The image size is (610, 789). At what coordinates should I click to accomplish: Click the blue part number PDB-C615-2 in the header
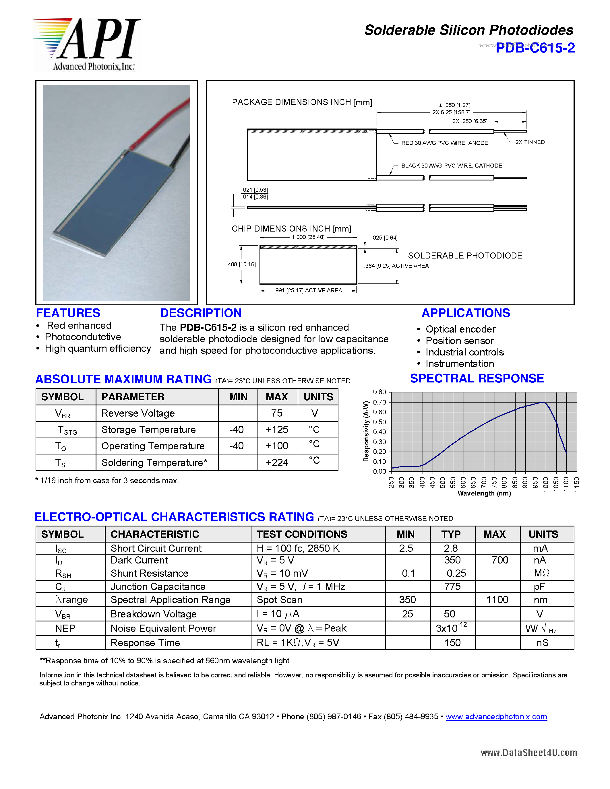[535, 48]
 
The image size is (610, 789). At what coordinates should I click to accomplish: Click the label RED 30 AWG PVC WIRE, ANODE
[444, 143]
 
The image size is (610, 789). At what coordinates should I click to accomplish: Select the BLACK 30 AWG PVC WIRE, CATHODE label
[452, 166]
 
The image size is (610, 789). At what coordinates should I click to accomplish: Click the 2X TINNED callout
[530, 142]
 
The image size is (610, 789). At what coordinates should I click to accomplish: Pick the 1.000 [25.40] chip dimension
[308, 237]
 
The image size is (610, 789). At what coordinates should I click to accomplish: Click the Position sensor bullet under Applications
[459, 341]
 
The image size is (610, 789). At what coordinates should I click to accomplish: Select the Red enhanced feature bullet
[79, 326]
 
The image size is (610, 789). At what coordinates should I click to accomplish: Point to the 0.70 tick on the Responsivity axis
[379, 402]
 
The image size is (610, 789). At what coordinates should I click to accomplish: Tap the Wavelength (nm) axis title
[484, 493]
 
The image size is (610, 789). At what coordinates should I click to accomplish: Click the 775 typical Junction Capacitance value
[452, 586]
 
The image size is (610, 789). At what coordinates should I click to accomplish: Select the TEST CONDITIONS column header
[302, 534]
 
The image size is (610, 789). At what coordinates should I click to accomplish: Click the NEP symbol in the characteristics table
[65, 628]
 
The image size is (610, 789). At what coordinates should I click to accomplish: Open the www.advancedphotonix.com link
[496, 717]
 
